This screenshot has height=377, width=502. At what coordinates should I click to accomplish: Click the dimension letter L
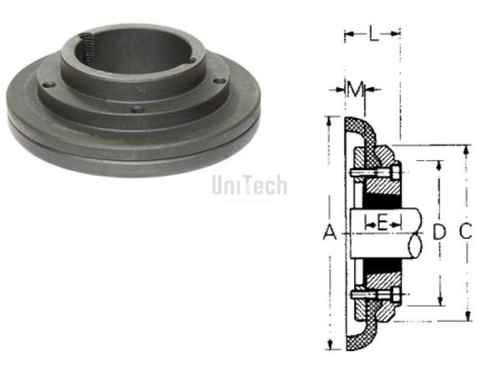[373, 34]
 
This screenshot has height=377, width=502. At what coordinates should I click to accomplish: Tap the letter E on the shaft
[381, 223]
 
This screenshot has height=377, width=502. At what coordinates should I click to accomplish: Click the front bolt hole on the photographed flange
[135, 109]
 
